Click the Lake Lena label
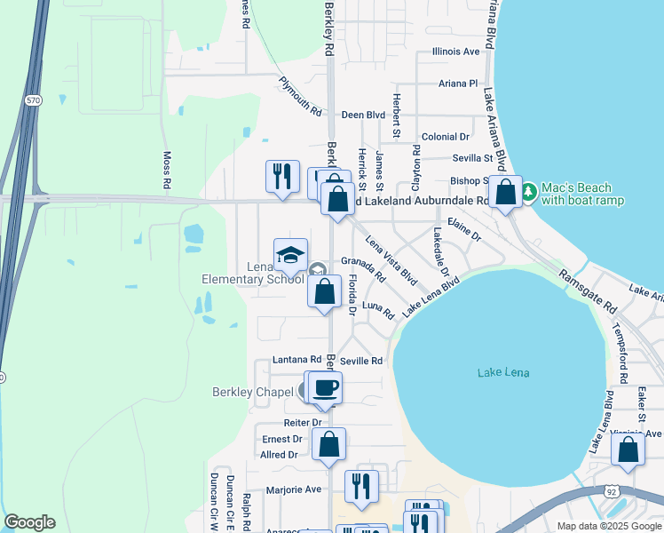tap(503, 372)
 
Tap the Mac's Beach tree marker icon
tap(528, 191)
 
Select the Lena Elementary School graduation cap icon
tap(290, 256)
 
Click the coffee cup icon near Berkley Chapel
tap(325, 387)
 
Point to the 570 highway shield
tap(33, 101)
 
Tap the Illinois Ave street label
tap(455, 52)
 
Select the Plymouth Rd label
tap(299, 97)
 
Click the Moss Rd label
tap(167, 169)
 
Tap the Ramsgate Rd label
tap(588, 291)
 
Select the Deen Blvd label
tap(363, 115)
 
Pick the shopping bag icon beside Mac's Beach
tap(505, 192)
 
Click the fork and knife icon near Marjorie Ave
tap(361, 486)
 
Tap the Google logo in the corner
tap(29, 522)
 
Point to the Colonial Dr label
tap(445, 137)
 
